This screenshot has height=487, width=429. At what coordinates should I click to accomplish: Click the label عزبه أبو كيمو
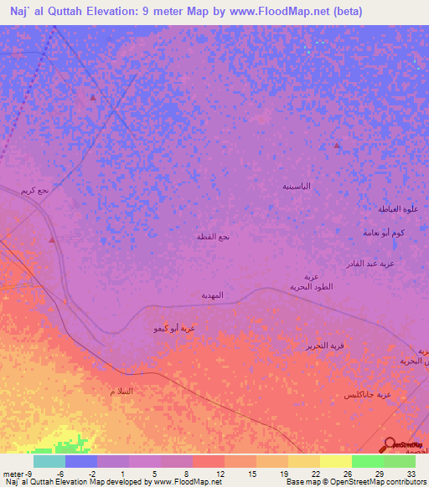[x=173, y=329]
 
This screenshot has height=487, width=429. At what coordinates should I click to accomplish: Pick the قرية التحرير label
[x=323, y=345]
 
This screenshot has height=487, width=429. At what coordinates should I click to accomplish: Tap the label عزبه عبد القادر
[x=388, y=264]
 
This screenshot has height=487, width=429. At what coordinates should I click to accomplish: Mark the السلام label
[x=121, y=392]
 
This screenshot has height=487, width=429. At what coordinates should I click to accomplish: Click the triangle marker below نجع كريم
[x=52, y=240]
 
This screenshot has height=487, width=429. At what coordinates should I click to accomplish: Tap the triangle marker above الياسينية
[x=337, y=146]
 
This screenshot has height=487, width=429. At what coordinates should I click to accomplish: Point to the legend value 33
[x=411, y=474]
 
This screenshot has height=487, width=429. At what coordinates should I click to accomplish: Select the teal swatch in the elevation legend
[x=49, y=461]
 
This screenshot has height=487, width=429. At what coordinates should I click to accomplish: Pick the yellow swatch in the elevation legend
[x=335, y=461]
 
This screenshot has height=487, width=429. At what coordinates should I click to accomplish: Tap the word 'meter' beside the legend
[x=14, y=474]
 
